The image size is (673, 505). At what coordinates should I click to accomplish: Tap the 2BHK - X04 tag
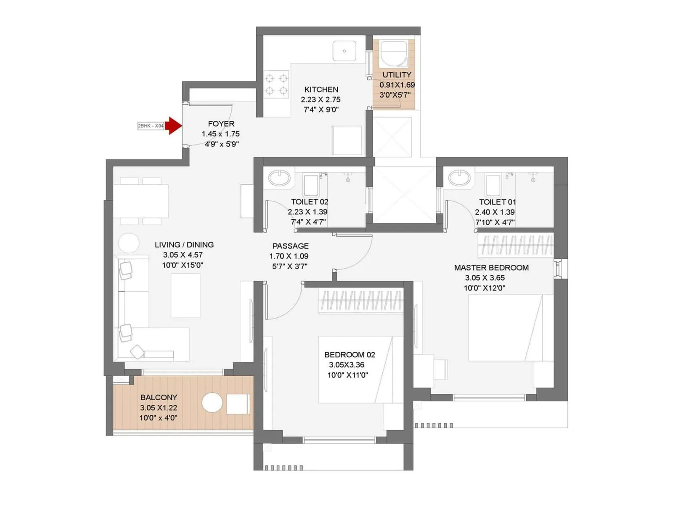(x=151, y=126)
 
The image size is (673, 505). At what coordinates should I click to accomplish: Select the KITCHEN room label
(x=321, y=90)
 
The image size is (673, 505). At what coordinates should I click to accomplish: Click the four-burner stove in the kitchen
(x=276, y=84)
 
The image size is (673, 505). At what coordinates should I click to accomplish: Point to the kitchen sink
(x=344, y=51)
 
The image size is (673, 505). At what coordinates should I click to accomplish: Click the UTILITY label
(x=397, y=75)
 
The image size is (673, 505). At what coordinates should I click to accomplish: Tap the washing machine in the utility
(x=394, y=53)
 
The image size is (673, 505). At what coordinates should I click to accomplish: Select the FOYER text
(x=221, y=124)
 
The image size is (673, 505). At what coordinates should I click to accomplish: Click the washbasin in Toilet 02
(x=279, y=178)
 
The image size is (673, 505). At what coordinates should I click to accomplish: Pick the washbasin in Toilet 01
(x=459, y=178)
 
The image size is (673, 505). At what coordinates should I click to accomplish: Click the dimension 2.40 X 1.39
(x=495, y=212)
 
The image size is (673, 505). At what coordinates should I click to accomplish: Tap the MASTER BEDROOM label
(x=491, y=268)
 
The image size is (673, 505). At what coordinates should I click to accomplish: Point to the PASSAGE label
(x=290, y=246)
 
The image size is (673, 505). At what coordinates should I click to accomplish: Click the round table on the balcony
(x=212, y=403)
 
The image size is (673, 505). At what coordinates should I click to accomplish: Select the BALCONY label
(x=159, y=397)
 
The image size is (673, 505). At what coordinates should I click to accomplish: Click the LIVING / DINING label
(x=184, y=245)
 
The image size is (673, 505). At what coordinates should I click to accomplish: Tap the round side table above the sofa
(x=129, y=243)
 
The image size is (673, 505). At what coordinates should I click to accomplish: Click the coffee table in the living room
(x=185, y=295)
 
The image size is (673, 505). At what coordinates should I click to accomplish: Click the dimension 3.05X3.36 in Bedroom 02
(x=346, y=365)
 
